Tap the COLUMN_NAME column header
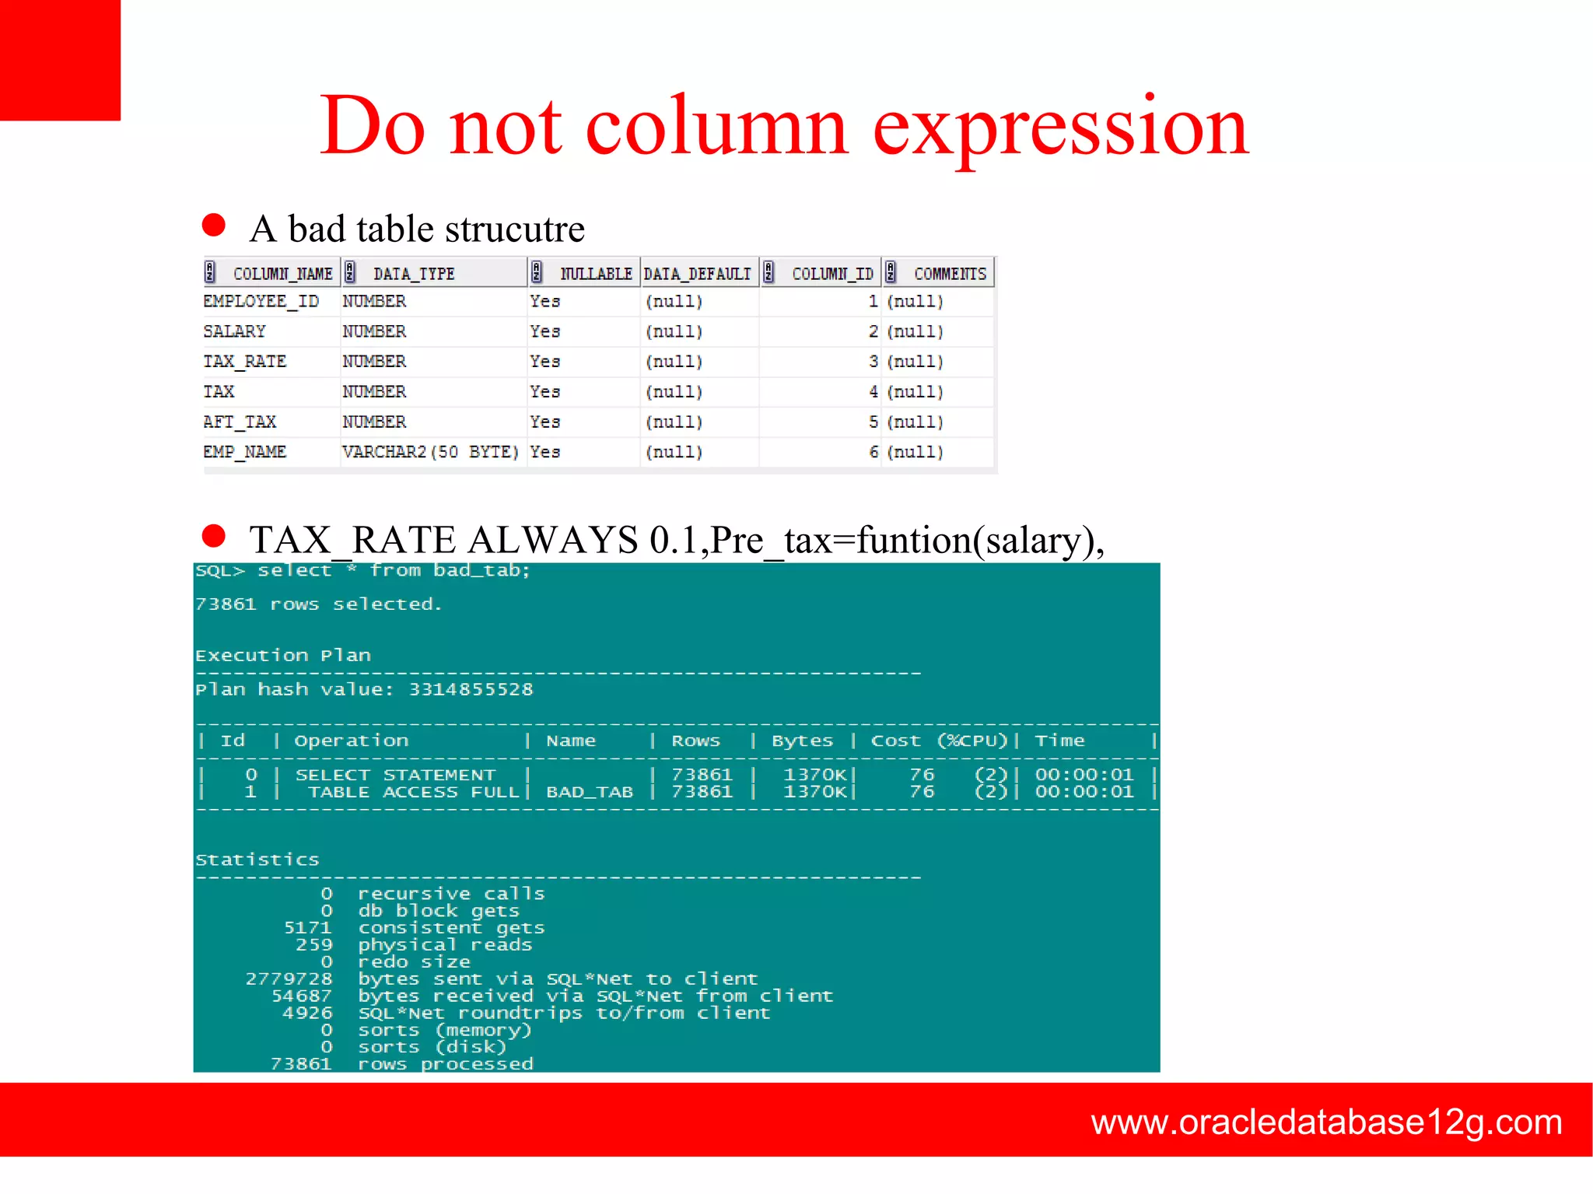[x=282, y=274]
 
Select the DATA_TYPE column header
[x=414, y=274]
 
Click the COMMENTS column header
[x=950, y=274]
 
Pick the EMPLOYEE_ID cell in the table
[x=261, y=302]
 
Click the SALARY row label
[x=234, y=331]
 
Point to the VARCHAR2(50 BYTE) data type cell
[x=430, y=452]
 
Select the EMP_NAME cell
[x=245, y=452]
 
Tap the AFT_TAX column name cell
[x=240, y=422]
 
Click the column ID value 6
[x=874, y=452]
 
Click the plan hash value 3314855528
[x=471, y=689]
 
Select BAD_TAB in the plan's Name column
[x=590, y=792]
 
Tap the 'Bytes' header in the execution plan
[x=802, y=741]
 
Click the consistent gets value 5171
[x=307, y=928]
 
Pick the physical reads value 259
[x=313, y=945]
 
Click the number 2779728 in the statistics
[x=289, y=979]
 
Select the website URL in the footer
[x=1326, y=1122]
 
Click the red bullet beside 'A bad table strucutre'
[x=214, y=226]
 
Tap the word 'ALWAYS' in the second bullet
[x=553, y=540]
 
